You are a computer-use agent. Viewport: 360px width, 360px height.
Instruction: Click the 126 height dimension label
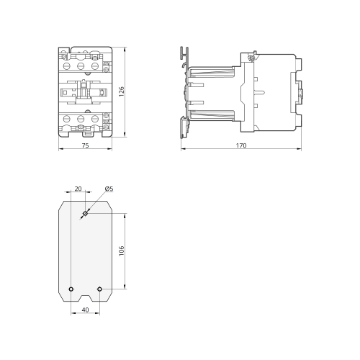pos(122,91)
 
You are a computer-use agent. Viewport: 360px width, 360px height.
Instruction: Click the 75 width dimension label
pos(85,145)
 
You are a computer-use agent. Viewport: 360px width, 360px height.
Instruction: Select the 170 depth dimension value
pos(241,145)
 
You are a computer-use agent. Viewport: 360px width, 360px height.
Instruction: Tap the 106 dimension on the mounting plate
pos(122,251)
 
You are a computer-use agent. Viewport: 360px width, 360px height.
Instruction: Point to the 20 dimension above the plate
pos(78,189)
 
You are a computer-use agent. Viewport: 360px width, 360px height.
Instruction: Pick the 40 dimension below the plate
pos(85,310)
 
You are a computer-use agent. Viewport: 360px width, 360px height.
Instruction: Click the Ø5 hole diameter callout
pos(109,189)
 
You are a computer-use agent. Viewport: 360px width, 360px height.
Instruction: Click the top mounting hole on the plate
pos(85,213)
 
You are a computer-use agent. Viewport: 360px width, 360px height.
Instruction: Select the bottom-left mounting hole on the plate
pos(71,289)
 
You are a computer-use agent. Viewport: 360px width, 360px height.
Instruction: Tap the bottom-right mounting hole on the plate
pos(99,289)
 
